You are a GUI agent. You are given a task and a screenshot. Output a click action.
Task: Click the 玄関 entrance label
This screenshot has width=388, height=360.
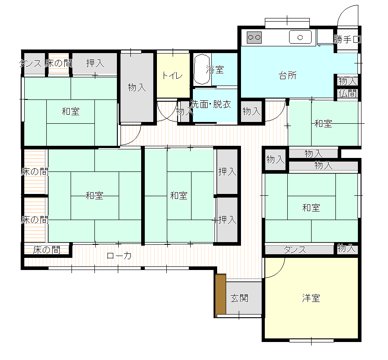tap(239, 298)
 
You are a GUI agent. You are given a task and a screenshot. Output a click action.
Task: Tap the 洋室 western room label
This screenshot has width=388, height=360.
tap(311, 298)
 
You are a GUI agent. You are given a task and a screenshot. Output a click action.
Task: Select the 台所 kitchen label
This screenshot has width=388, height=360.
tap(288, 76)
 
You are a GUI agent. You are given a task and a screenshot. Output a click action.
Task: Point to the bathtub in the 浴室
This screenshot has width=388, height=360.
tap(202, 69)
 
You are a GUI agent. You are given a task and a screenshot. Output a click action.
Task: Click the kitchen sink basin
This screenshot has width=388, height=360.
tap(300, 37)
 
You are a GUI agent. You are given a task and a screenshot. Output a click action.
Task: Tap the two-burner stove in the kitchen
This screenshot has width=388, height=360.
tap(254, 37)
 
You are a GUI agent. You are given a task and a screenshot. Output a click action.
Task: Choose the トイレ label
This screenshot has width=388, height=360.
tap(173, 76)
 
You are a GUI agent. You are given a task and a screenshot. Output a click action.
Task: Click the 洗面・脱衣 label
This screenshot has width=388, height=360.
tap(210, 104)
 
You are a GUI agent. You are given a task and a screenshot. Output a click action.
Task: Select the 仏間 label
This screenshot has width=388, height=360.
tap(348, 93)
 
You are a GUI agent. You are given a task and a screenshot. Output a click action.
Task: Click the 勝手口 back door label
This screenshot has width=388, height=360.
tap(347, 39)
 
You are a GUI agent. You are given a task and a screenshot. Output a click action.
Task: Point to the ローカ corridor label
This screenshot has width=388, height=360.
tap(119, 256)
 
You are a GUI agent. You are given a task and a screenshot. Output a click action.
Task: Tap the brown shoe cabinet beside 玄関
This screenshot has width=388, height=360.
tap(220, 295)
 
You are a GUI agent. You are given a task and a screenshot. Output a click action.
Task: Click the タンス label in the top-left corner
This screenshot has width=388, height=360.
tap(30, 63)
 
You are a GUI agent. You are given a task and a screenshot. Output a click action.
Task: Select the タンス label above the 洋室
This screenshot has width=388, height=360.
tap(295, 250)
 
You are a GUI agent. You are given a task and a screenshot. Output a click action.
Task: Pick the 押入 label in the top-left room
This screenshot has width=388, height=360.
tap(95, 63)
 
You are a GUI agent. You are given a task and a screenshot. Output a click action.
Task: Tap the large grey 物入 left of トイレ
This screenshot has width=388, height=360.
tap(137, 87)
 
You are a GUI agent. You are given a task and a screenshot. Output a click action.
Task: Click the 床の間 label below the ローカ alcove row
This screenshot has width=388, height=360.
tap(46, 250)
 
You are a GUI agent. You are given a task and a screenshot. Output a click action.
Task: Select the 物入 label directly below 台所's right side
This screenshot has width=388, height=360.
tap(348, 81)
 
